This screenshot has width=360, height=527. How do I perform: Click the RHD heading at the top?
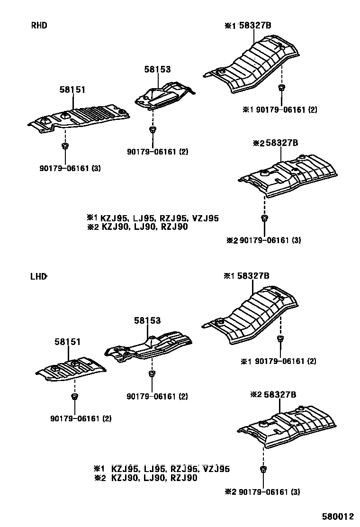pyautogui.click(x=39, y=26)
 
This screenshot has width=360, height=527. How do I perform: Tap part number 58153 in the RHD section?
pyautogui.click(x=157, y=70)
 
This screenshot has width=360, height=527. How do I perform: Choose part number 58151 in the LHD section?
pyautogui.click(x=67, y=342)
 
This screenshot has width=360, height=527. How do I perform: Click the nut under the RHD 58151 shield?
pyautogui.click(x=65, y=145)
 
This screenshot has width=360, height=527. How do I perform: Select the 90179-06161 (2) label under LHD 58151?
pyautogui.click(x=81, y=418)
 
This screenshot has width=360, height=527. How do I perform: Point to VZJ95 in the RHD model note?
pyautogui.click(x=206, y=218)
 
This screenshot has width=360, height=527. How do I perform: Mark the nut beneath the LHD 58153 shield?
pyautogui.click(x=152, y=374)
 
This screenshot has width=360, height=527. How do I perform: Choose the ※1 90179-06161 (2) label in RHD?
pyautogui.click(x=279, y=110)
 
